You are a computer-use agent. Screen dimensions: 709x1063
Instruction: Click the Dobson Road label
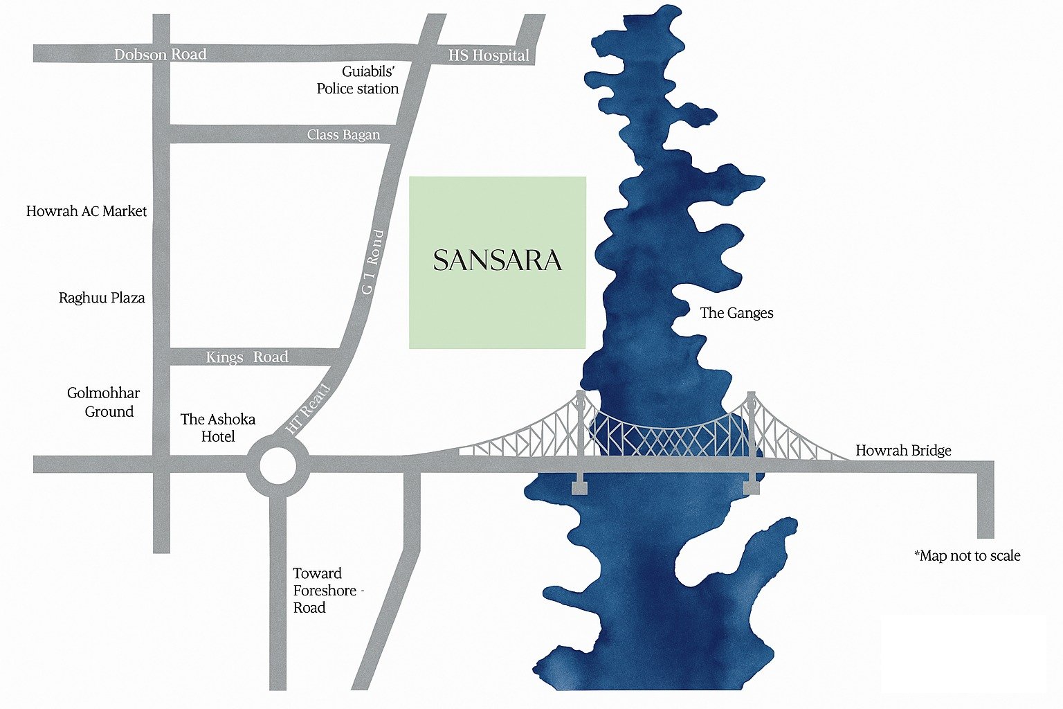(x=160, y=54)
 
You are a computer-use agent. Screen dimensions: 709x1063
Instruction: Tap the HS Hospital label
(x=489, y=55)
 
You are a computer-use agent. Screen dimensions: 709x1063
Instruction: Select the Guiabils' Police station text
(x=358, y=80)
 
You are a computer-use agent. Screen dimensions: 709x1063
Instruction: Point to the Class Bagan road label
(x=344, y=134)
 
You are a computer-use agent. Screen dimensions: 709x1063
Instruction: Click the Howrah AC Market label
(x=87, y=211)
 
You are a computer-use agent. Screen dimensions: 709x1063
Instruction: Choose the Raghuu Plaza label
(x=102, y=298)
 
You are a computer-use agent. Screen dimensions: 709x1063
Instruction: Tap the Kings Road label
(x=247, y=357)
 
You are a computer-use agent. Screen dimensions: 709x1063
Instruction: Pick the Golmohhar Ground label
(x=104, y=402)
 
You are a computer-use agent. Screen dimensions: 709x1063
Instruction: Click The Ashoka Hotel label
(x=218, y=428)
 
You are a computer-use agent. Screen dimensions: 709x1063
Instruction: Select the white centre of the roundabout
(x=278, y=466)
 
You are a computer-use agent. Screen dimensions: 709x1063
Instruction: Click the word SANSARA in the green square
(x=498, y=261)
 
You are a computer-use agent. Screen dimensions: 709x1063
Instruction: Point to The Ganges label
(x=736, y=313)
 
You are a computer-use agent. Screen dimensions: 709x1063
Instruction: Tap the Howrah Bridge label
(x=903, y=451)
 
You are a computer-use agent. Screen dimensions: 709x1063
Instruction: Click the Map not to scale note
(x=967, y=556)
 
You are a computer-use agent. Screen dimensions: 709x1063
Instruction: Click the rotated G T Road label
(x=372, y=262)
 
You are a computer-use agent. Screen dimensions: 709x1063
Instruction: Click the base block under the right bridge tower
(x=751, y=488)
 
